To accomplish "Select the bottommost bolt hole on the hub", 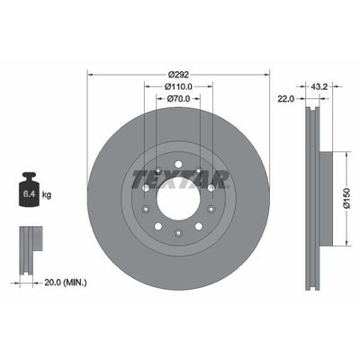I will [177, 235].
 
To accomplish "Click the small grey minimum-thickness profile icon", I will [29, 239].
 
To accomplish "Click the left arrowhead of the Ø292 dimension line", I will [90, 74].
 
